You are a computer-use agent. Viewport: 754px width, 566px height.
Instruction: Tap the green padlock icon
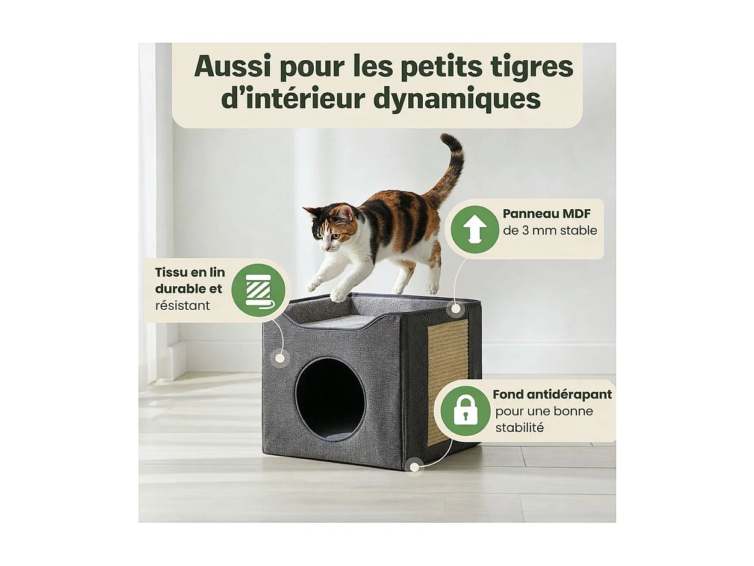[x=465, y=410]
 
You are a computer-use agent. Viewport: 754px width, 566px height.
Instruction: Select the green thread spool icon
[x=258, y=290]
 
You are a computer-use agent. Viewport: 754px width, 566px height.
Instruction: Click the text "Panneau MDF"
[x=546, y=214]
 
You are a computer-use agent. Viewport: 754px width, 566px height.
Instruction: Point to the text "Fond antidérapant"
[x=552, y=394]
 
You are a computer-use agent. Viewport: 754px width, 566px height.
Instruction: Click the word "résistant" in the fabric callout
[x=182, y=306]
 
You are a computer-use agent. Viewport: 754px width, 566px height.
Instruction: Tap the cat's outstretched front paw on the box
[x=339, y=295]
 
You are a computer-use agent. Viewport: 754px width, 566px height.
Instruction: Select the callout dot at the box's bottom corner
[x=414, y=465]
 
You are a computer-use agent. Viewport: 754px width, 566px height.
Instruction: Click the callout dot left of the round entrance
[x=279, y=357]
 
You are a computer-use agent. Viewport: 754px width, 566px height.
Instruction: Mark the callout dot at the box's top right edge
[x=456, y=309]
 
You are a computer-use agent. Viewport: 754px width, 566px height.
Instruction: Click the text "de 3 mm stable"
[x=550, y=230]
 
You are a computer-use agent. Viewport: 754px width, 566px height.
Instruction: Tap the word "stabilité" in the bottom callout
[x=519, y=428]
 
